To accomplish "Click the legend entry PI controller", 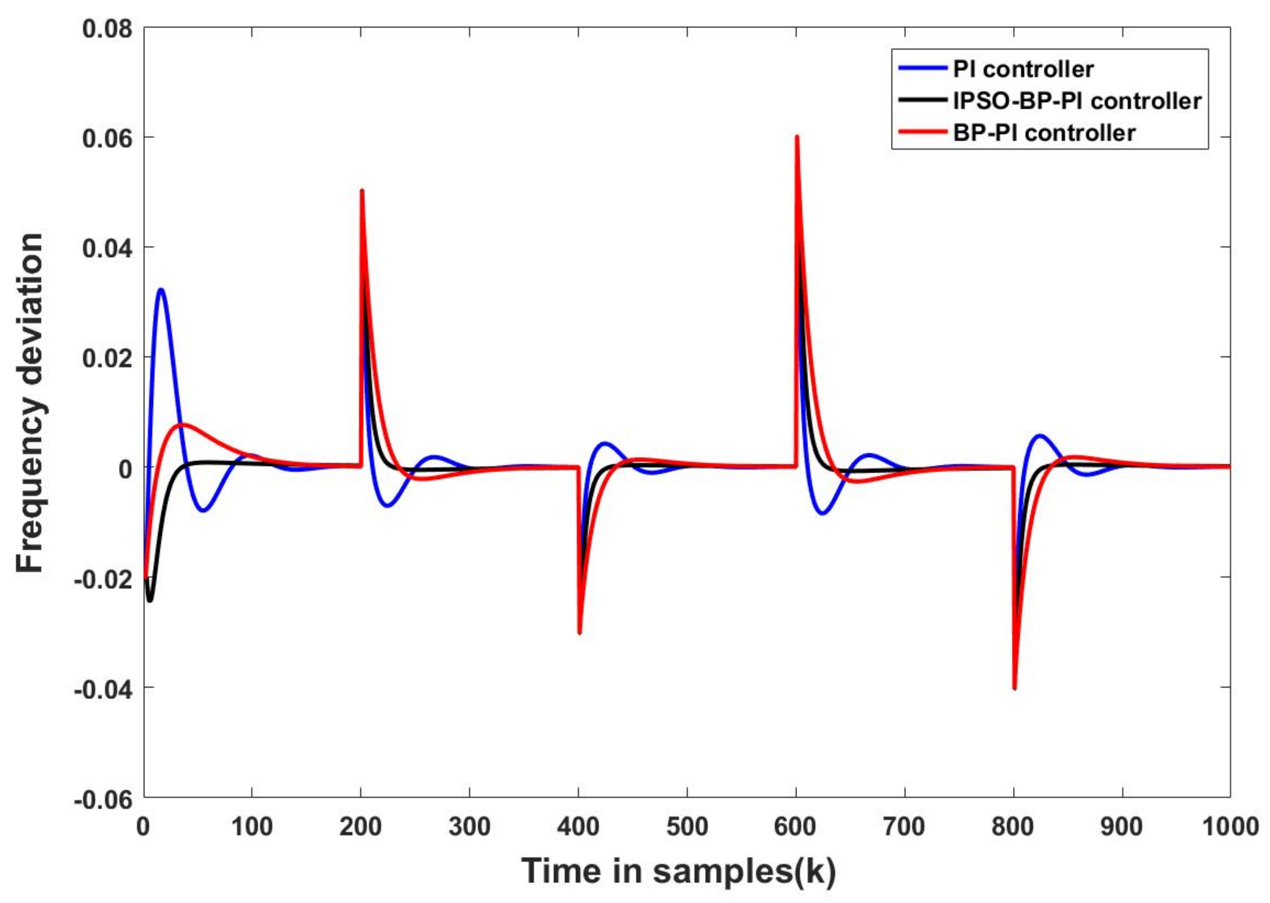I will (1023, 69).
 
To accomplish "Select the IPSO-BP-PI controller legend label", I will (1077, 100).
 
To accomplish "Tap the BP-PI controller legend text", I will (1044, 132).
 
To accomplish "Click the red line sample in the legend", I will (922, 132).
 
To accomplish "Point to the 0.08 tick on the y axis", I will (108, 28).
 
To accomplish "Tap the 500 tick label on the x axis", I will (687, 827).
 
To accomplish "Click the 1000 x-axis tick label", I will (1230, 827).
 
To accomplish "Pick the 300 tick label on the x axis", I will (470, 827).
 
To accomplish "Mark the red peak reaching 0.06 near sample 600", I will (796, 137).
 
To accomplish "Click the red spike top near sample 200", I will (362, 191).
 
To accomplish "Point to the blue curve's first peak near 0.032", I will (161, 290).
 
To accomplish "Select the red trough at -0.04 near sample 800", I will (1014, 688).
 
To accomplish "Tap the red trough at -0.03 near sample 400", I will (579, 632).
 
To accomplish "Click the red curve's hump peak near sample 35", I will (182, 424).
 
